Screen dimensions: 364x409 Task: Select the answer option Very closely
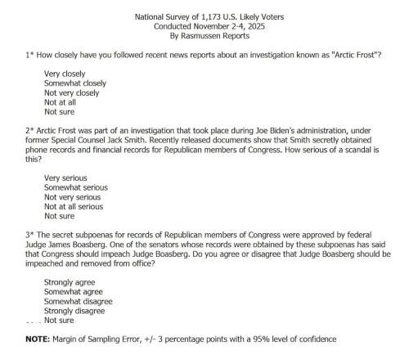[x=66, y=74]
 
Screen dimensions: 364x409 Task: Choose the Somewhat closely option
[x=75, y=83]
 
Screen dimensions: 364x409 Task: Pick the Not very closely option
[x=72, y=93]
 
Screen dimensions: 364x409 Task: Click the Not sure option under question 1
[x=59, y=113]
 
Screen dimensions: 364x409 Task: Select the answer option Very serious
[x=65, y=178]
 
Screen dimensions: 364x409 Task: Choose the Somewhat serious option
[x=75, y=187]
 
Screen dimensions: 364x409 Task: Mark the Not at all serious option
[x=75, y=207]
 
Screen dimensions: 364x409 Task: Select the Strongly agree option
[x=70, y=281]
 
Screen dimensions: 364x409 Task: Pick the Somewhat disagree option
[x=79, y=301]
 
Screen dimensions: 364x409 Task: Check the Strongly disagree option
[x=75, y=311]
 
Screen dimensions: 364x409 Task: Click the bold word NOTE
[x=38, y=339]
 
